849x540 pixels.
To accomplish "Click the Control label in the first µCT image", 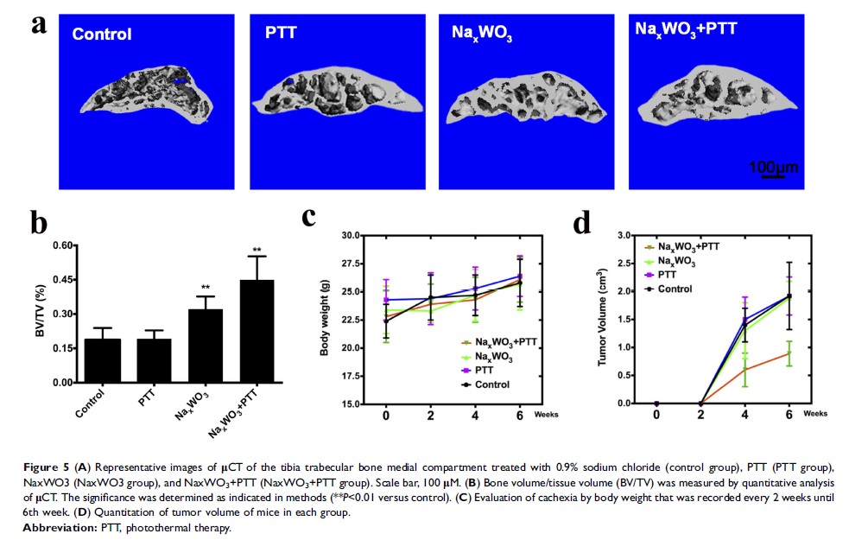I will point(102,35).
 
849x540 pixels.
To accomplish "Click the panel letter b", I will point(39,222).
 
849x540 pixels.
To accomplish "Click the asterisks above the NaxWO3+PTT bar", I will point(257,251).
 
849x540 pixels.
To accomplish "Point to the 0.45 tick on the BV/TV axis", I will point(61,280).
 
